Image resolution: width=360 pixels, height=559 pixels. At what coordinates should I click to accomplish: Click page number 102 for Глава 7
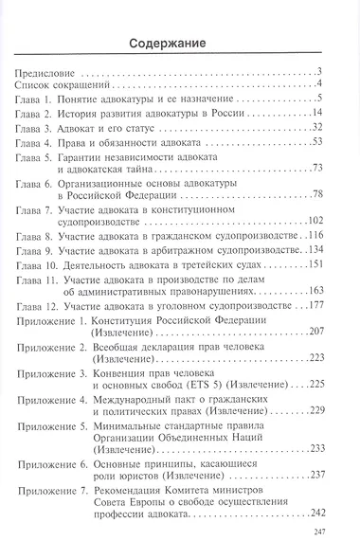315,223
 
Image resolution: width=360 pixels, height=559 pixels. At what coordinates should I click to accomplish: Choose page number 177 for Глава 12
315,307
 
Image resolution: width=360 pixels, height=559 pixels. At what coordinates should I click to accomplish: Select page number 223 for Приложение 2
315,360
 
